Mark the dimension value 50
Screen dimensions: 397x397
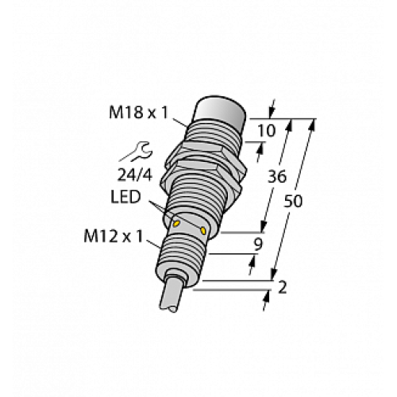(x=293, y=202)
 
